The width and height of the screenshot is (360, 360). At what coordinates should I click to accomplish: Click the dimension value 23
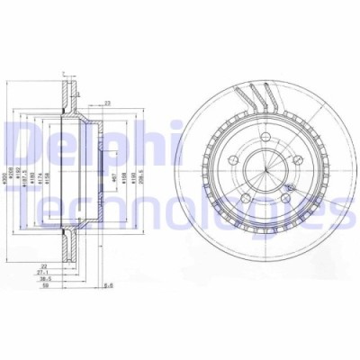(107, 103)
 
